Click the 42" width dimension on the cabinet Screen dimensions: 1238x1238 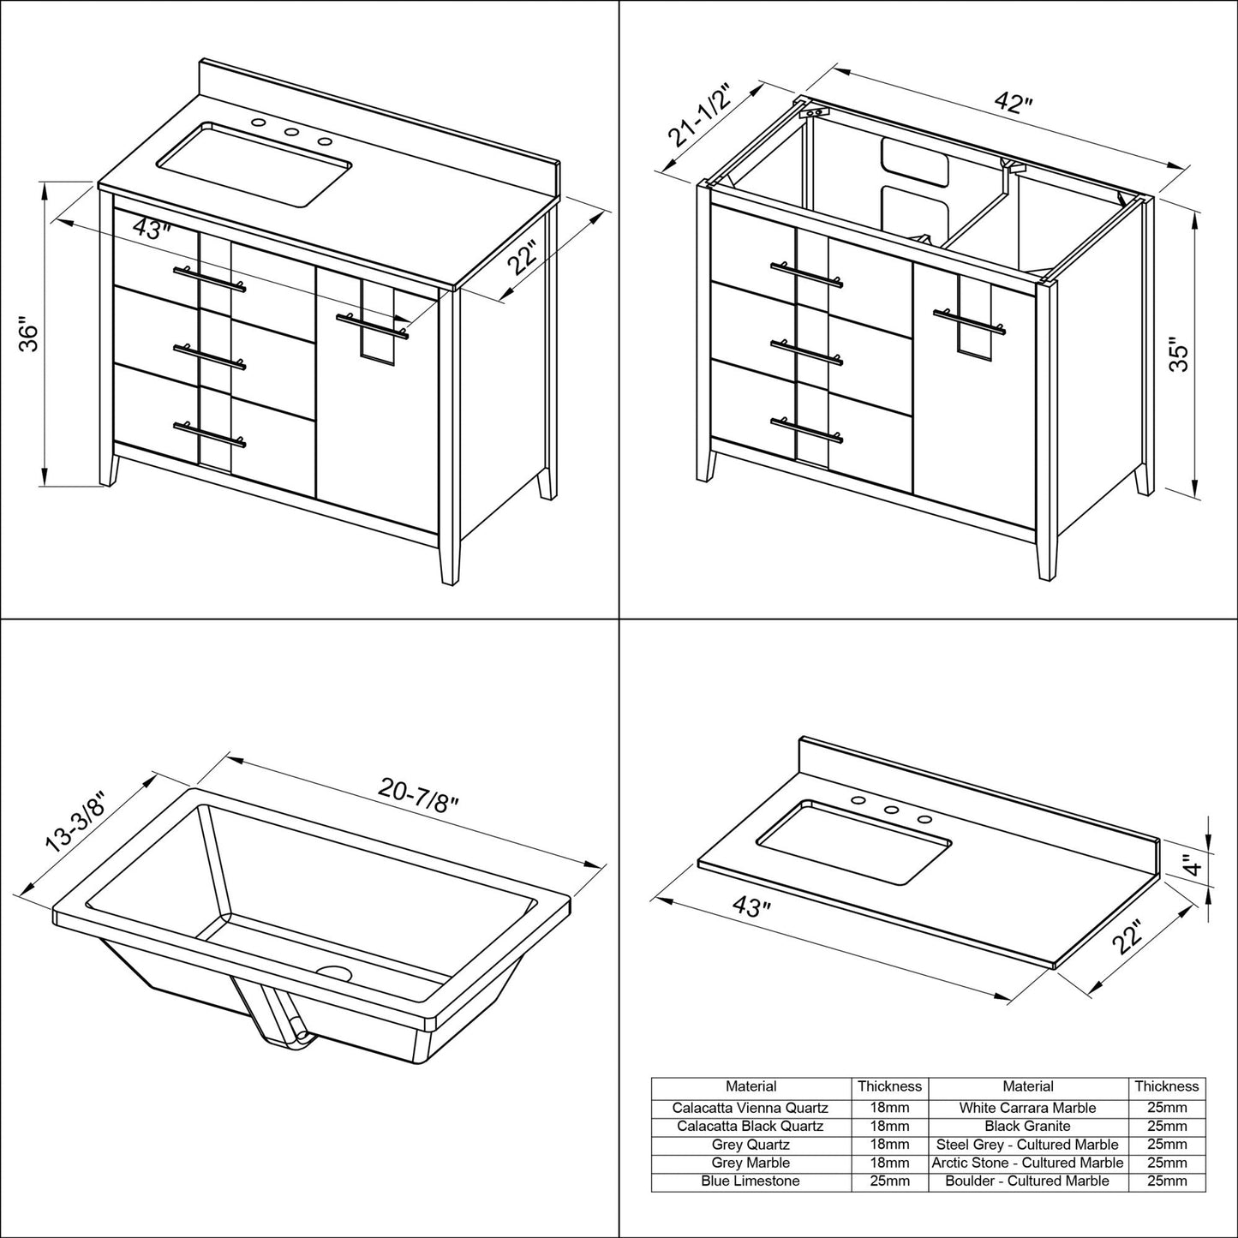click(x=1014, y=104)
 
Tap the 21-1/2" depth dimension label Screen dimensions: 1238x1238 click(x=699, y=116)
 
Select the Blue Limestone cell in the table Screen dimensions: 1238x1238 click(x=751, y=1181)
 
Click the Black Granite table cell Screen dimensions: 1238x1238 click(x=1027, y=1127)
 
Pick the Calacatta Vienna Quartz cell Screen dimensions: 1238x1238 click(x=751, y=1108)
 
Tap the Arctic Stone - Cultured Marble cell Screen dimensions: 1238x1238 click(x=1027, y=1163)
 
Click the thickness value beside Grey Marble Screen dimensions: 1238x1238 click(x=889, y=1163)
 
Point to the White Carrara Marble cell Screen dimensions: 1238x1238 click(x=1027, y=1108)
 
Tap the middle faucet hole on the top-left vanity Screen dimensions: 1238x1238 click(x=291, y=133)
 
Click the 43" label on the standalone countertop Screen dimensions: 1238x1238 click(x=748, y=906)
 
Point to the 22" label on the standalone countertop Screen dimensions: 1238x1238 click(x=1127, y=938)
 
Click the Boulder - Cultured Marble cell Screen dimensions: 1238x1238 click(x=1027, y=1181)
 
